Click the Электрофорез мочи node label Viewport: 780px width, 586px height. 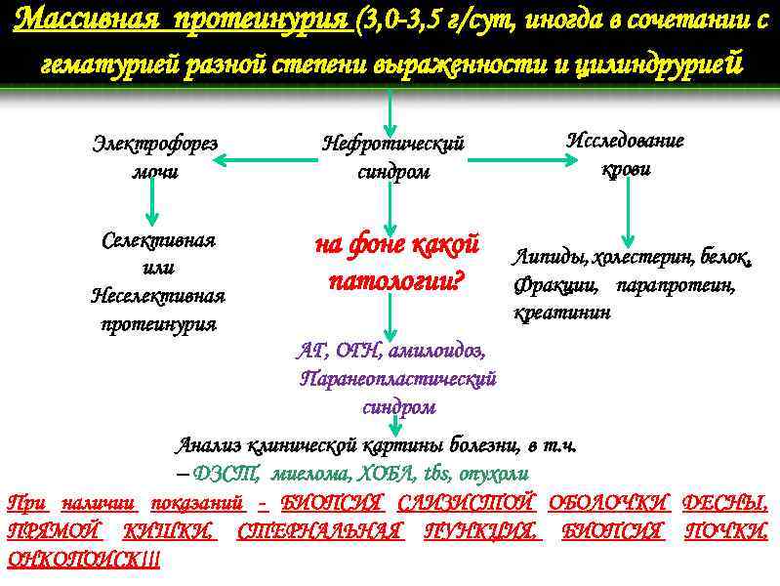tap(154, 156)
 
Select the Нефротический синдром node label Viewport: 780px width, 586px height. tap(393, 156)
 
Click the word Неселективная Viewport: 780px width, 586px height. tap(157, 295)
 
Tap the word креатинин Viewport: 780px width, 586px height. tap(562, 313)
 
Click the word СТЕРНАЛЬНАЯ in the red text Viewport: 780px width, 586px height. tap(319, 531)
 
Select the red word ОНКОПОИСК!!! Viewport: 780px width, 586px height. tap(84, 560)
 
